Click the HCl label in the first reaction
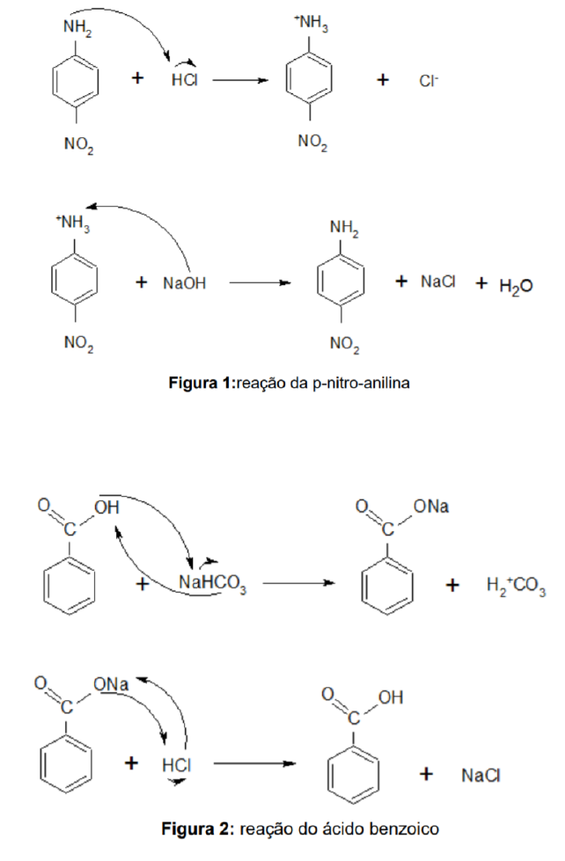coord(185,80)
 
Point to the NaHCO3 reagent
coord(212,584)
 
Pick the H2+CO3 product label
coord(516,586)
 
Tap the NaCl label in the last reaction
coord(481,775)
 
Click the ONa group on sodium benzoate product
coord(431,507)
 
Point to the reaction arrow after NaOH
coord(259,283)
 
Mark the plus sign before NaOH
coord(142,283)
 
